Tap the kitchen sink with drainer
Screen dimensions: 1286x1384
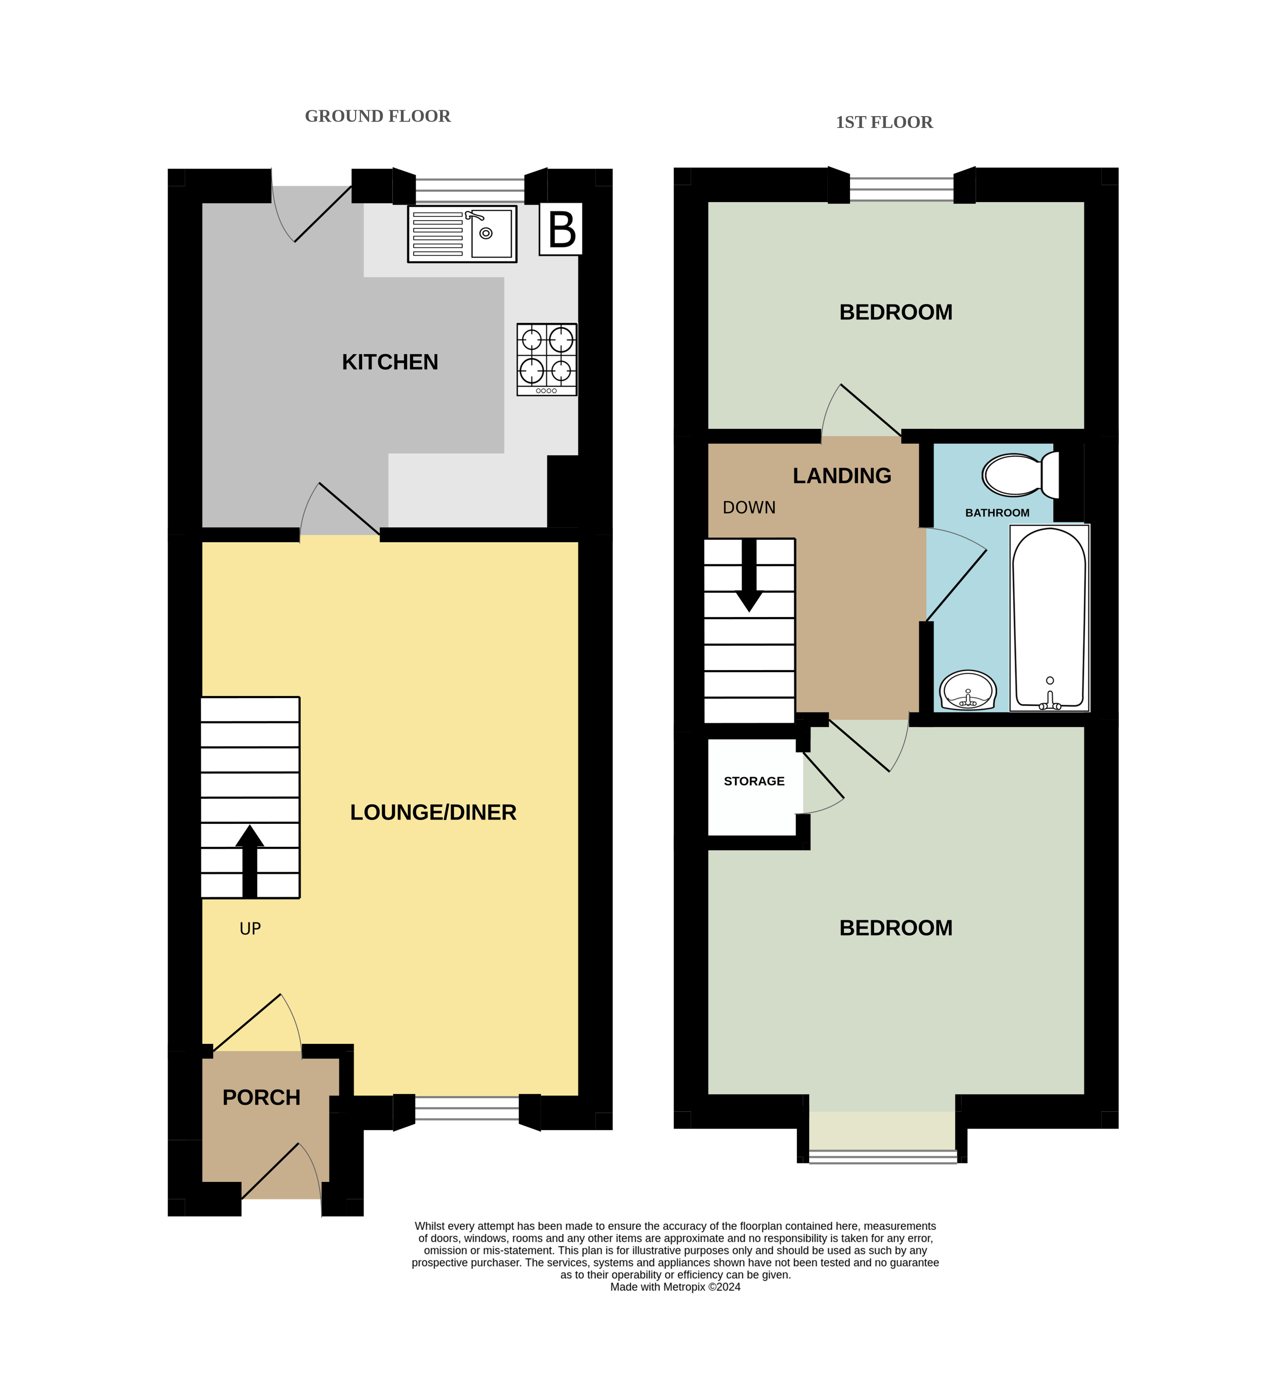462,234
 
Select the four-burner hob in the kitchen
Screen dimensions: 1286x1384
547,359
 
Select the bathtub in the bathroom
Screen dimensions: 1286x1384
1049,618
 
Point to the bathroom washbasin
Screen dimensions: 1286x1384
968,690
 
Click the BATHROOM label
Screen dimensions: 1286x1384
997,513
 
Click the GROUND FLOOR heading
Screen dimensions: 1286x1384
378,116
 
